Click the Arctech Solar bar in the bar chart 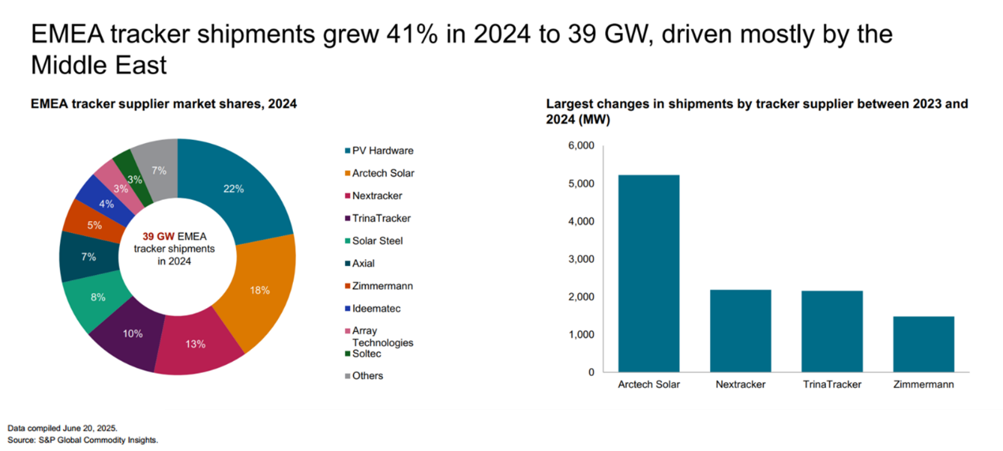[x=649, y=273]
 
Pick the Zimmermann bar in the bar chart [x=924, y=344]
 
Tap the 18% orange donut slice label [x=260, y=291]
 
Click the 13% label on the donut [x=195, y=344]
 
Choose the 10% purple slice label [x=133, y=333]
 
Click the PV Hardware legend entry [x=382, y=151]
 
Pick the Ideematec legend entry [x=376, y=308]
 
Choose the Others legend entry [x=367, y=375]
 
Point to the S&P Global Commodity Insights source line [x=83, y=439]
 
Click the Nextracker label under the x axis [x=740, y=385]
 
